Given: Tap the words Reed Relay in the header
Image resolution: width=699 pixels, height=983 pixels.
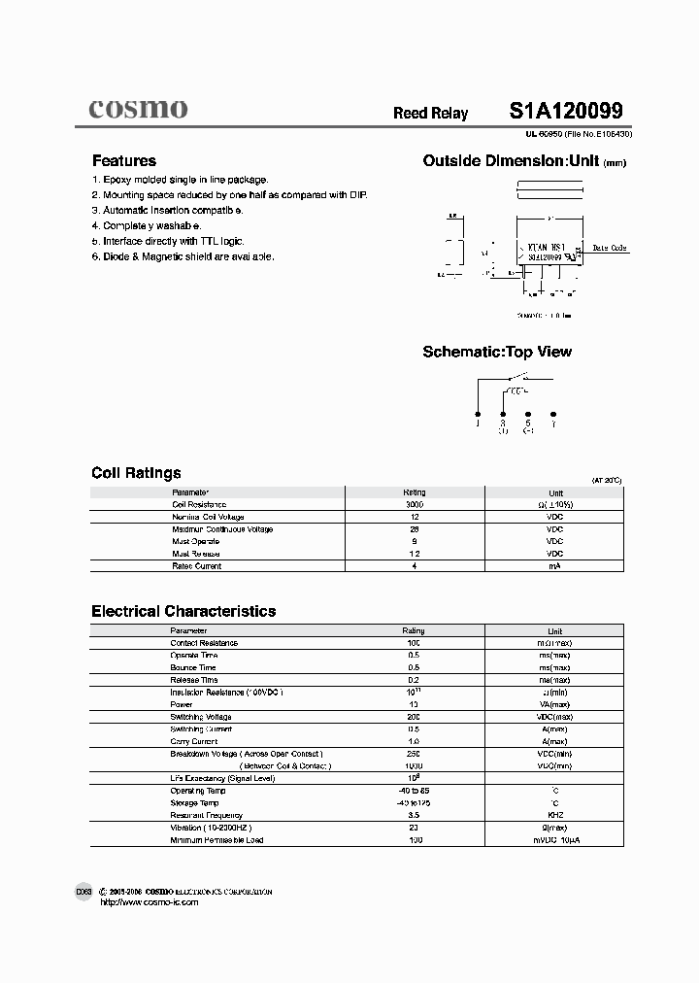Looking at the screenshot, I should tap(430, 114).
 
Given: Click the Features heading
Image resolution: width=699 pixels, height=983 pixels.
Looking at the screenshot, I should tap(123, 161).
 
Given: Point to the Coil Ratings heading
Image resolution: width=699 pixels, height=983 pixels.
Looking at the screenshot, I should tap(136, 473).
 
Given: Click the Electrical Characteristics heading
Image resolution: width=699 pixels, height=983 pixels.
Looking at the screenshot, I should tap(183, 611).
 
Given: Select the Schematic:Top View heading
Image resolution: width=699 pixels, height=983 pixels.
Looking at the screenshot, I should tap(497, 352).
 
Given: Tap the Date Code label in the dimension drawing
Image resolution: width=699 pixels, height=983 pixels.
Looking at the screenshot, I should tap(610, 249).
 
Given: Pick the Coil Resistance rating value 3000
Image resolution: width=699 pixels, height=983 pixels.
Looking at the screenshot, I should tap(414, 505).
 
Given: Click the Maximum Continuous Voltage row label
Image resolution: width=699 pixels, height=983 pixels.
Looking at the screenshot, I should tap(222, 529).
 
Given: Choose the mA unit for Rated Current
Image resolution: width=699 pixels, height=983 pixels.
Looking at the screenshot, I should tap(554, 566).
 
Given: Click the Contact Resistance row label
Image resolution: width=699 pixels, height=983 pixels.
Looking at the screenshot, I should tap(204, 643).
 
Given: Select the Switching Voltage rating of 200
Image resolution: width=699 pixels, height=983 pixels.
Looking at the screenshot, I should tap(414, 716).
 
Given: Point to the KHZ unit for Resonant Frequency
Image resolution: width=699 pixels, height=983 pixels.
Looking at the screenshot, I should tap(554, 815).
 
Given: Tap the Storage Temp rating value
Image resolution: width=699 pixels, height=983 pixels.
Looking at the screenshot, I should tap(414, 803).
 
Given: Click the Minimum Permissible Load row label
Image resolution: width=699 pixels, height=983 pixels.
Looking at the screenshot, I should tap(216, 840).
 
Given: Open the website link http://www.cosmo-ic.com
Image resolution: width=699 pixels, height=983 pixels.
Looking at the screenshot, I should tap(150, 902).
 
